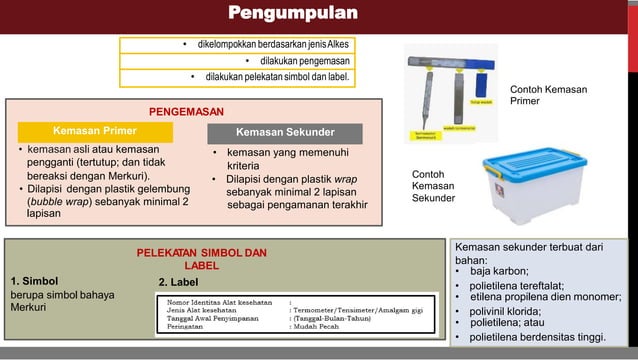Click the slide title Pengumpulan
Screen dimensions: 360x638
tap(292, 14)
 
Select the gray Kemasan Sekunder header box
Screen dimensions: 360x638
tap(284, 132)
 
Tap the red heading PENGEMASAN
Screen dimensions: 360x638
tap(186, 111)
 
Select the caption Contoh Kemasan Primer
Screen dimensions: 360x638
tap(548, 95)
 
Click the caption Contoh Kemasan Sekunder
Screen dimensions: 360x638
tap(433, 186)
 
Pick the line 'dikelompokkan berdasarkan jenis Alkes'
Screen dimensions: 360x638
tap(266, 46)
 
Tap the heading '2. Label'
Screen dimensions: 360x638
tap(178, 283)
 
